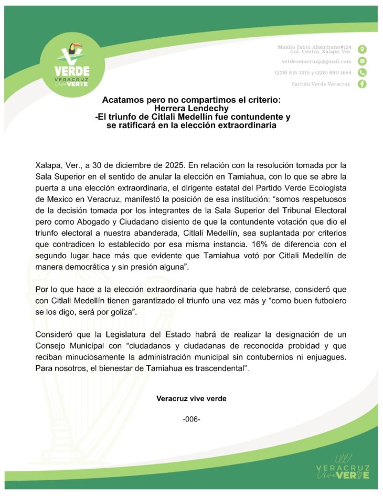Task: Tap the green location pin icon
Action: point(362,49)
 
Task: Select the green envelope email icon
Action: point(362,61)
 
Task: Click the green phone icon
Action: point(362,73)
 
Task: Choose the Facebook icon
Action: point(362,85)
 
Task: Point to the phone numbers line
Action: point(313,73)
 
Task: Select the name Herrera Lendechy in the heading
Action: point(191,108)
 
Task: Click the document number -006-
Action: point(191,419)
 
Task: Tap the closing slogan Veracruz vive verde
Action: point(191,398)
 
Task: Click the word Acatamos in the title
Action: point(123,99)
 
